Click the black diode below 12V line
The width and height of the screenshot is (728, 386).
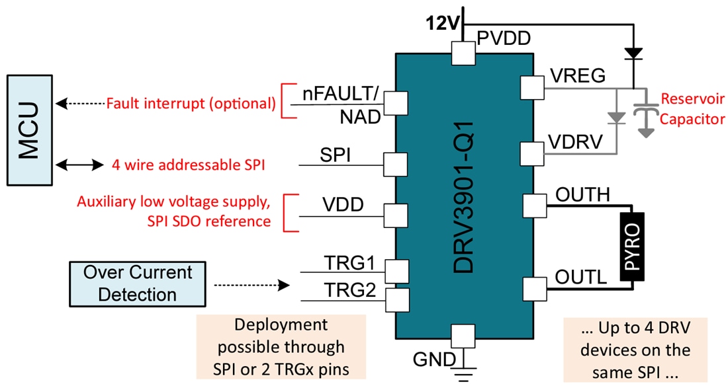point(633,51)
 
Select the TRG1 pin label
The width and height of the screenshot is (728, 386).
point(351,262)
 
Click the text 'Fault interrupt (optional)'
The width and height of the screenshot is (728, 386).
point(191,103)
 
